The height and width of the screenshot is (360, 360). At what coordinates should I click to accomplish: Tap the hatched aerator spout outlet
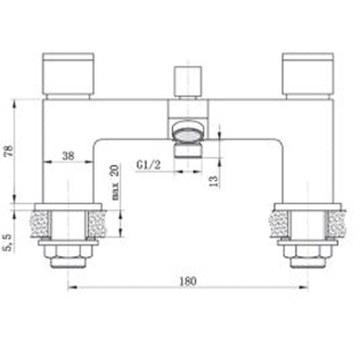[187, 131]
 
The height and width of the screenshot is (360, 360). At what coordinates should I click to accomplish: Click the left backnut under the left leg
[69, 250]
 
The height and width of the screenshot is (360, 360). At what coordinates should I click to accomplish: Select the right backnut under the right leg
[306, 250]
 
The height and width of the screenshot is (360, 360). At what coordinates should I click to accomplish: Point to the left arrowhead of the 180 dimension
[72, 288]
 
